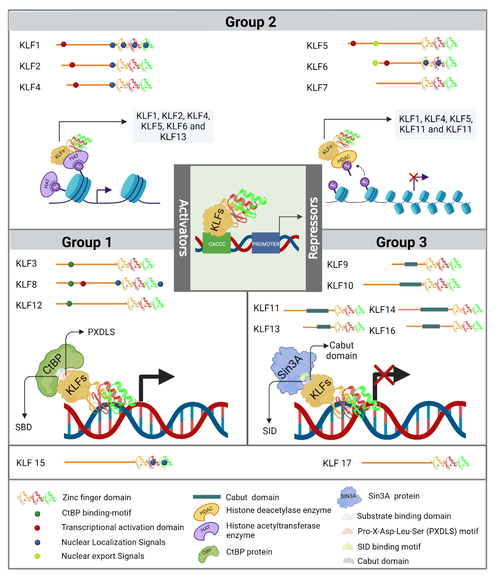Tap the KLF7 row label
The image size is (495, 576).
[317, 88]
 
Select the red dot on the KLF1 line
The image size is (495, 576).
[63, 44]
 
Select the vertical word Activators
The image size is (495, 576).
[183, 228]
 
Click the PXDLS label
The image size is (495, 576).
[101, 332]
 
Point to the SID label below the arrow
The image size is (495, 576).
[269, 431]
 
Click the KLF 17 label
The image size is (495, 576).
[337, 463]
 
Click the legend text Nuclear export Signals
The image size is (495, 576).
[103, 556]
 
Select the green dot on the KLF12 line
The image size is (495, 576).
[69, 304]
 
